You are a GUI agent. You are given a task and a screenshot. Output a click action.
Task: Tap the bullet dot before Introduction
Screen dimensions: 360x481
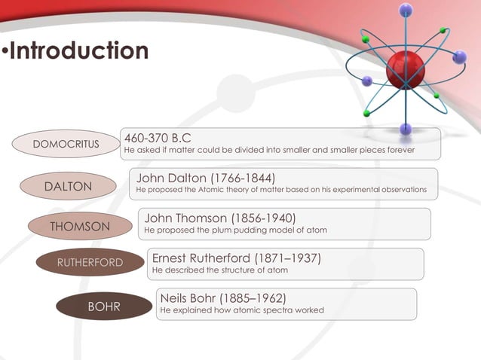coord(5,52)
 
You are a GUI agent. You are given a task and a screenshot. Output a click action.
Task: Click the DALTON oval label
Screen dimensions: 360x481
coord(69,186)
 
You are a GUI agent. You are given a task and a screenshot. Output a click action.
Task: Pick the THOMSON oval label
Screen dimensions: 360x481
coord(79,227)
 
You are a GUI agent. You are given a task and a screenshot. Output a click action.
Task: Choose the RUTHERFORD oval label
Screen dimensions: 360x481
coord(90,262)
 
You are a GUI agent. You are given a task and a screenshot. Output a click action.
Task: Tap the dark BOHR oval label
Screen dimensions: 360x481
coord(104,307)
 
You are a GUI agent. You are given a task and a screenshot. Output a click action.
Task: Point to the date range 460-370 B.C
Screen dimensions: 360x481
coord(157,138)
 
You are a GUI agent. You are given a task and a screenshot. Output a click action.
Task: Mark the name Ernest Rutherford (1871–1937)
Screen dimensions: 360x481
coord(237,258)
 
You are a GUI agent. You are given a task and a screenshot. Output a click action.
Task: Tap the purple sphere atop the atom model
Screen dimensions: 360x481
coord(406,10)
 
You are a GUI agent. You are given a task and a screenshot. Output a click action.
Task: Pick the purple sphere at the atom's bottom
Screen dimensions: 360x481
coord(406,129)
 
